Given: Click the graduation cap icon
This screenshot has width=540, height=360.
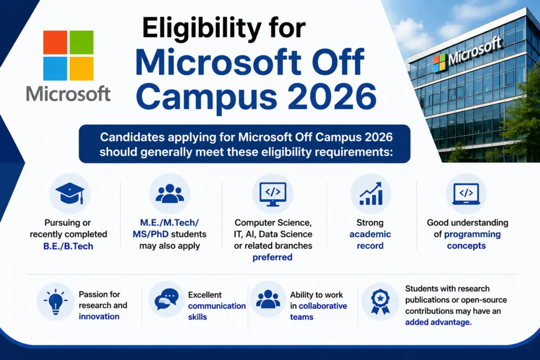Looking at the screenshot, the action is [70, 193].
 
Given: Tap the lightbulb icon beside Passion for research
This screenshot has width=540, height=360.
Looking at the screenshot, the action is [56, 301].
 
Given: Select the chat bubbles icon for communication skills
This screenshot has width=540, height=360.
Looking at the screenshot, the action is [167, 299].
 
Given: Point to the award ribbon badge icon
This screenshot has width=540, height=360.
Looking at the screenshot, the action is [380, 301].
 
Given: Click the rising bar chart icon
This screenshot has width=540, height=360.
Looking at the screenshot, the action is [371, 193].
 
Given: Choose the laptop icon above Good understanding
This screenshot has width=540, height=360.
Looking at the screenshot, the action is [466, 194].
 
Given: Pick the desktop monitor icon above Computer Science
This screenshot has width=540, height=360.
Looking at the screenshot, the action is [273, 194].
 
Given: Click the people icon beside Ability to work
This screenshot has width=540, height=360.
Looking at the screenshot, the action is [268, 299].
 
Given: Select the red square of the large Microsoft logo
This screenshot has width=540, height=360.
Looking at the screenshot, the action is [55, 42].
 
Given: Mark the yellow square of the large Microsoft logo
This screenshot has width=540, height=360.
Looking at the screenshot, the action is [82, 69].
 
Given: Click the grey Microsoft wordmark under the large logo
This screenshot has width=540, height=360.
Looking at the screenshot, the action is [68, 94].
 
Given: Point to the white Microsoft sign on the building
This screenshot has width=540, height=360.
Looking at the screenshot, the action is [475, 51].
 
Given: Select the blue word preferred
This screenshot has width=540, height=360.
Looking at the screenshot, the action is [273, 257].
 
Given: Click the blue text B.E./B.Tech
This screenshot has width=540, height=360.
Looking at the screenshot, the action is [68, 246].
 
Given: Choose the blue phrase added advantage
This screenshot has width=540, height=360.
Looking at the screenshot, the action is [438, 322].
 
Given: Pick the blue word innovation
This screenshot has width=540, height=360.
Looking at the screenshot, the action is [99, 316].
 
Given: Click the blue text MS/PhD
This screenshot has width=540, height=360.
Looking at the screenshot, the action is [150, 234].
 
